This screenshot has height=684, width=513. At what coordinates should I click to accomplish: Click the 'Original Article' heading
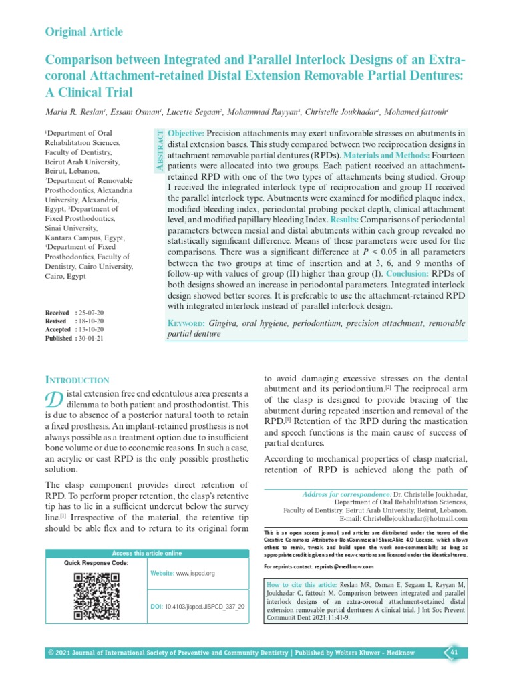click(x=83, y=32)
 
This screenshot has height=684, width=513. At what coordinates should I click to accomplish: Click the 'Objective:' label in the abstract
click(x=186, y=134)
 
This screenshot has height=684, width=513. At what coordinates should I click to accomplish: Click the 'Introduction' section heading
click(x=75, y=379)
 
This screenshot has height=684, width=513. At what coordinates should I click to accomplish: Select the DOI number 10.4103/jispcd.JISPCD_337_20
click(x=204, y=606)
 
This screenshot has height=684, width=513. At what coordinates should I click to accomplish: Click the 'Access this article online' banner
click(x=146, y=553)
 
